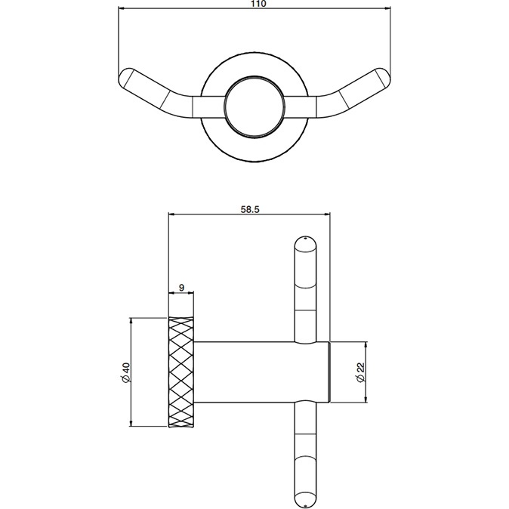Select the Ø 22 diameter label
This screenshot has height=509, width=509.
pos(362,372)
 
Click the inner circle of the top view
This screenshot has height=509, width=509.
pos(255,106)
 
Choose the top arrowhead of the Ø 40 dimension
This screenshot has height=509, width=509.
pos(132,321)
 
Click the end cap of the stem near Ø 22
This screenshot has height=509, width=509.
pos(329,372)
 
